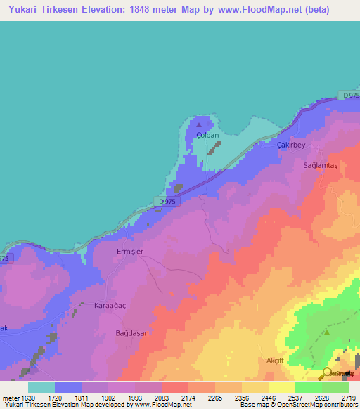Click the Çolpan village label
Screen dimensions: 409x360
click(208, 135)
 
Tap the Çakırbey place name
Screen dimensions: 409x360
click(290, 143)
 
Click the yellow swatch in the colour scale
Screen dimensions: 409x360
click(282, 387)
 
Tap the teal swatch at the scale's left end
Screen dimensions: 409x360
click(41, 387)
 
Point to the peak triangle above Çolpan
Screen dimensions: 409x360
click(198, 124)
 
